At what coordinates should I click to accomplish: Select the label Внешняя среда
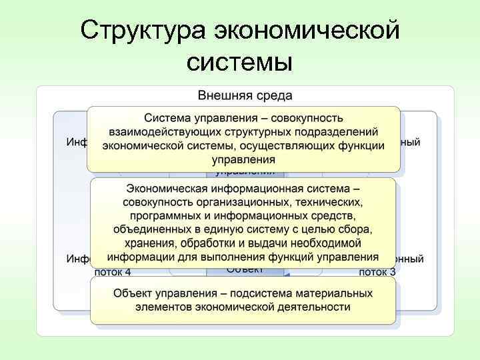pyautogui.click(x=245, y=96)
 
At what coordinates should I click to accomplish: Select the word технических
pyautogui.click(x=331, y=201)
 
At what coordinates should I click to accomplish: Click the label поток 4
pyautogui.click(x=112, y=272)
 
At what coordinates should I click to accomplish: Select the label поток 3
pyautogui.click(x=377, y=272)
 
